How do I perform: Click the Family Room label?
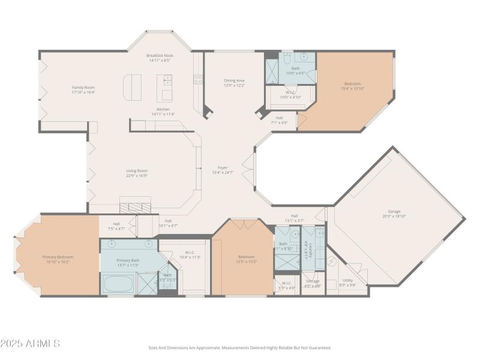(x=83, y=88)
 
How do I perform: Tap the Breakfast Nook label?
(x=159, y=56)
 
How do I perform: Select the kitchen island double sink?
(x=166, y=79)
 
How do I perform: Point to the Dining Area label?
(x=234, y=80)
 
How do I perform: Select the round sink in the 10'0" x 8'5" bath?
(x=305, y=58)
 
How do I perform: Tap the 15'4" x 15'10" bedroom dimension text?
(x=353, y=88)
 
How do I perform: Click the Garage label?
(x=394, y=211)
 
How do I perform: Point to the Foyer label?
(x=222, y=167)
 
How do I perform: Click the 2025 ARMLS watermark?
(x=30, y=344)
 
